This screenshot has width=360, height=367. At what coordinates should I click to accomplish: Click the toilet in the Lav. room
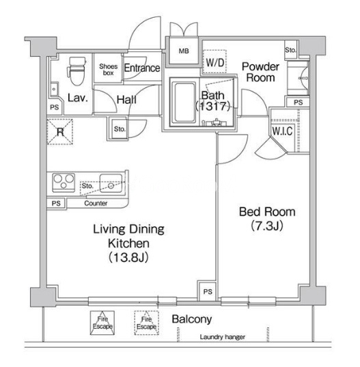77,71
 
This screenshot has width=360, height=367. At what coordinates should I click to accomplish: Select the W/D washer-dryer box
214,62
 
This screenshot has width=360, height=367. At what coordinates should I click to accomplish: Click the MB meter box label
184,51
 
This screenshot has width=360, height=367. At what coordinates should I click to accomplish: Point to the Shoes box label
108,70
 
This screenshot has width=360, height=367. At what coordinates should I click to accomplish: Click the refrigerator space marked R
60,132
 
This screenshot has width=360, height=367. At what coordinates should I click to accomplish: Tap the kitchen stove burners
64,182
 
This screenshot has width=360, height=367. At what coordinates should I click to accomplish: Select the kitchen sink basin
111,183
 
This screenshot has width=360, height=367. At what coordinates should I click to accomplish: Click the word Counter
96,203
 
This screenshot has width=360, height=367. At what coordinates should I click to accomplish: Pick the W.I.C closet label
282,131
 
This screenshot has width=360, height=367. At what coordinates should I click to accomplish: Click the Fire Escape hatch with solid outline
102,323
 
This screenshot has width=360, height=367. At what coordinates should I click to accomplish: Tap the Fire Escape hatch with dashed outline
146,323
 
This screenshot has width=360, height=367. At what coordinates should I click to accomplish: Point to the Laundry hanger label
222,337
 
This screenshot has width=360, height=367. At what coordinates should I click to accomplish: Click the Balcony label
192,319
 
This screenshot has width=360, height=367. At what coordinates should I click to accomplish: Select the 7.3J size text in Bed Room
267,226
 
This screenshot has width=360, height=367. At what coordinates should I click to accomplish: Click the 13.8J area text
128,258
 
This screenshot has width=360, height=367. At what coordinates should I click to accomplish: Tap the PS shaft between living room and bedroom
208,291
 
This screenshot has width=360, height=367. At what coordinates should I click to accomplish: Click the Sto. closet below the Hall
120,129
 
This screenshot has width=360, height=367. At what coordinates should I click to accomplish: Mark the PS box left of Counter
56,203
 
